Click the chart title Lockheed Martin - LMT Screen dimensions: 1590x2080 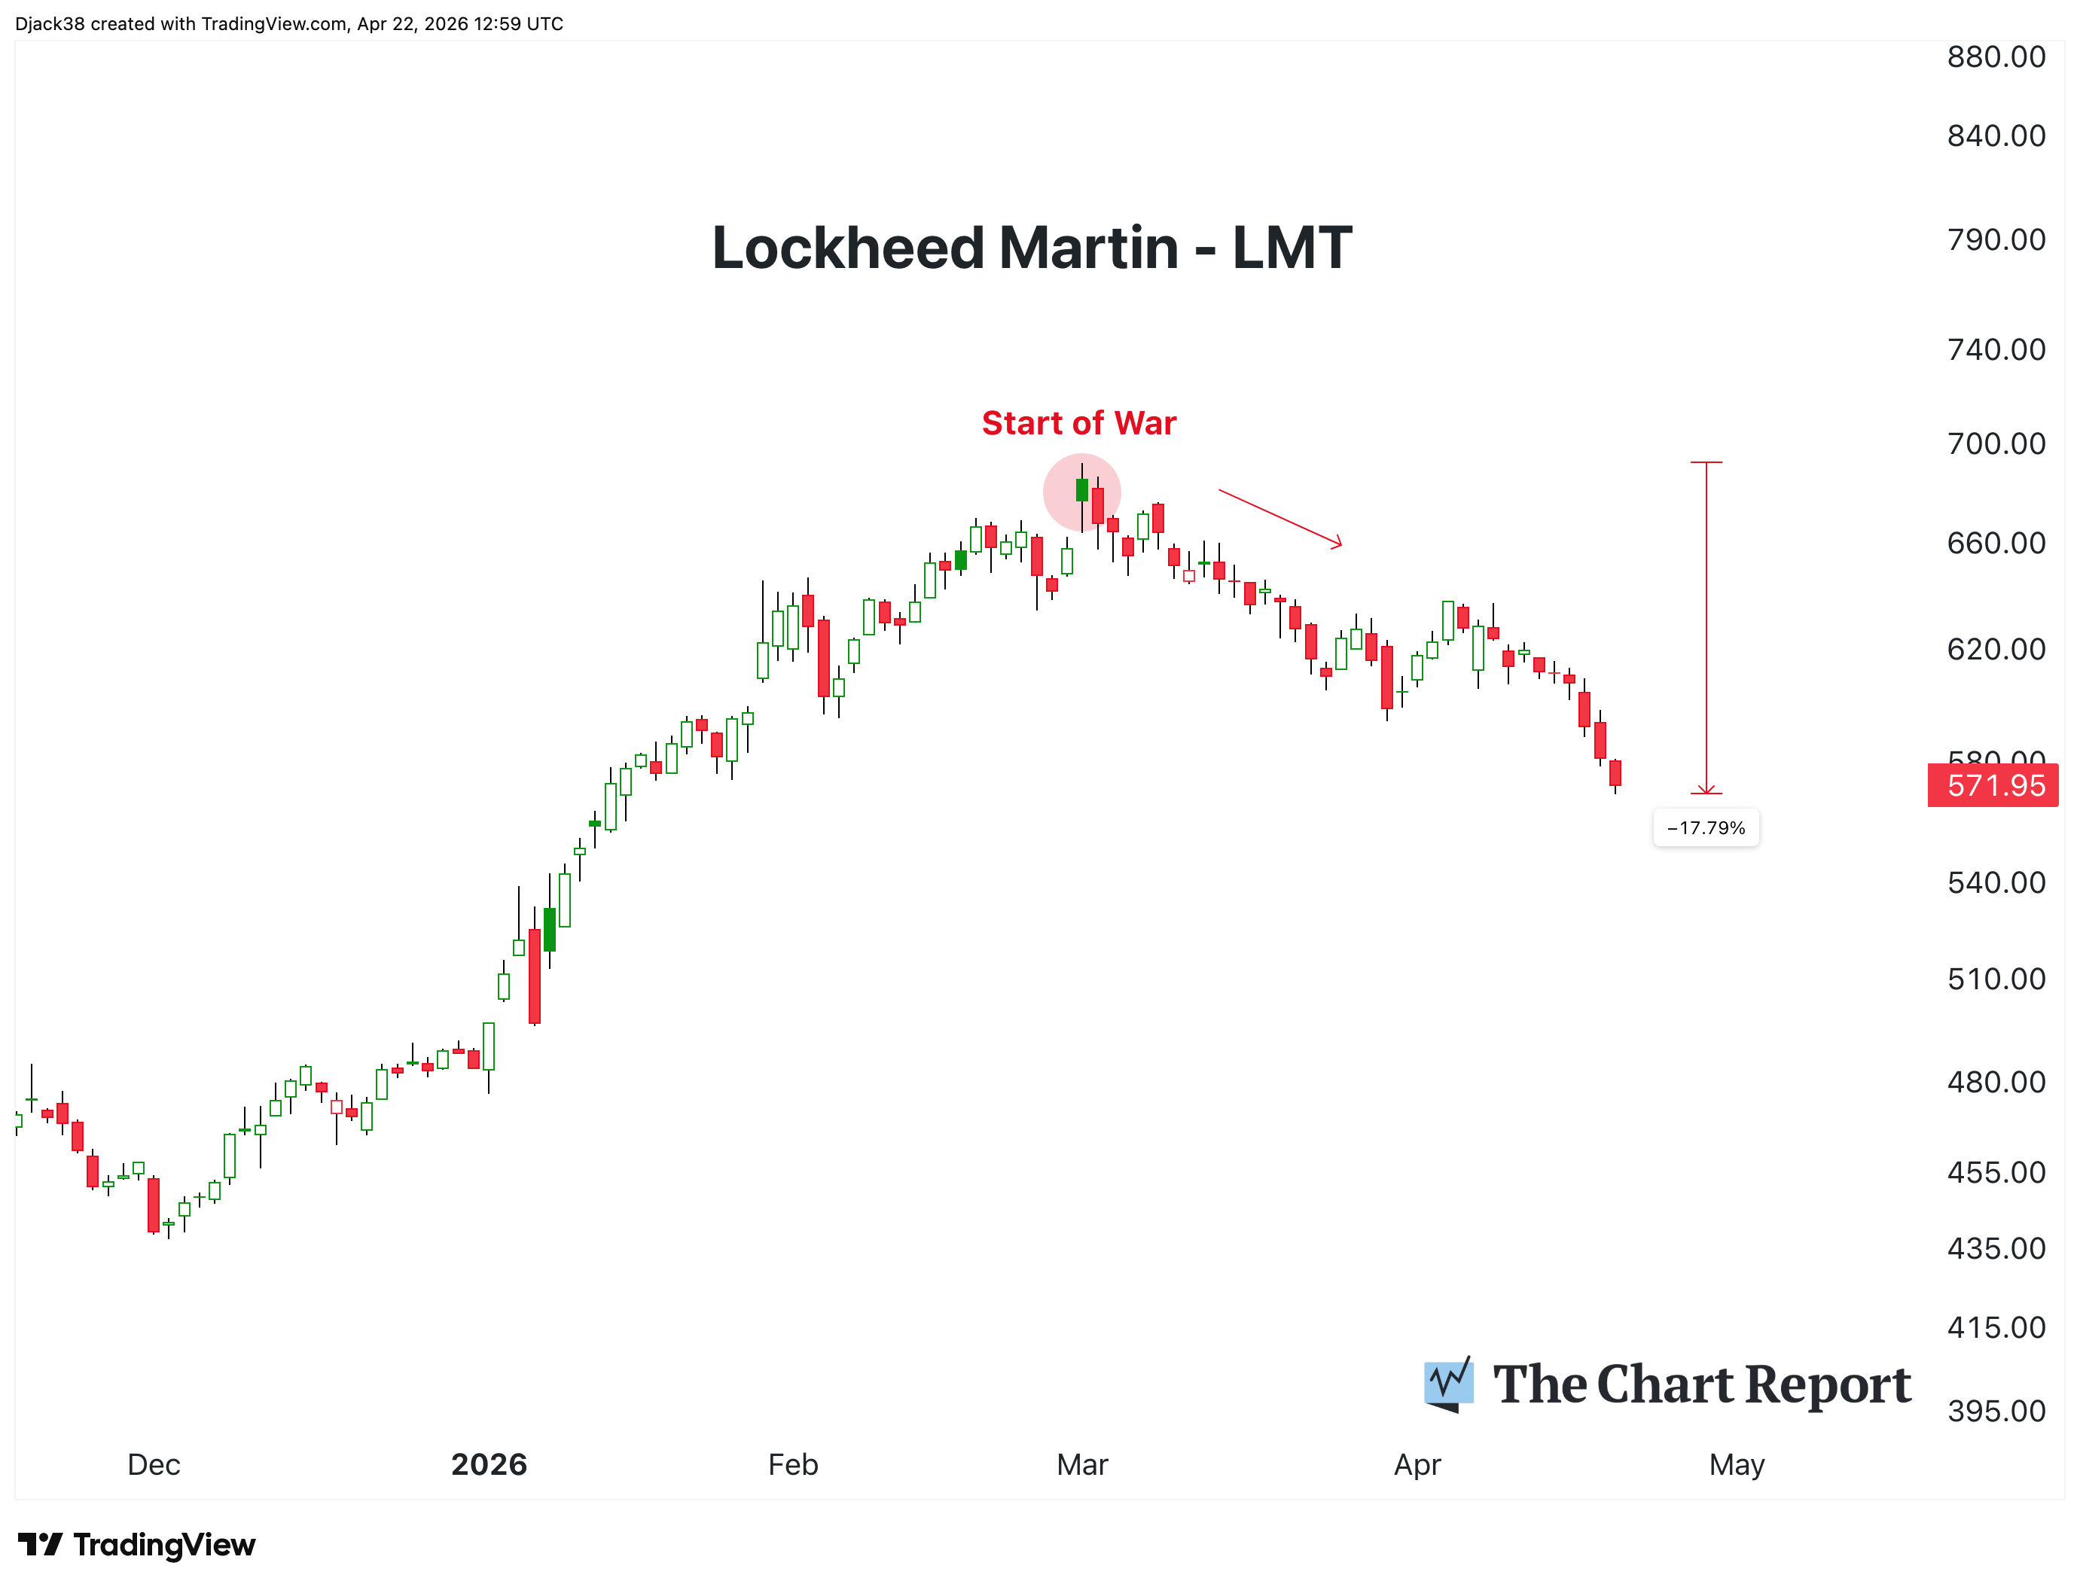pyautogui.click(x=1031, y=248)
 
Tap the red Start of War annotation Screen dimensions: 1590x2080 pyautogui.click(x=1078, y=423)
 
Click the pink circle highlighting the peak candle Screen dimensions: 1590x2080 pyautogui.click(x=1081, y=492)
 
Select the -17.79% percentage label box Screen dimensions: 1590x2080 pyautogui.click(x=1705, y=828)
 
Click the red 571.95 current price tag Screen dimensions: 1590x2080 pyautogui.click(x=1994, y=785)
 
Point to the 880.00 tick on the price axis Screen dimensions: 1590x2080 pyautogui.click(x=1996, y=56)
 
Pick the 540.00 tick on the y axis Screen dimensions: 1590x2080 pyautogui.click(x=1996, y=882)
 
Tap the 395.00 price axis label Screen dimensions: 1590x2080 pyautogui.click(x=1996, y=1411)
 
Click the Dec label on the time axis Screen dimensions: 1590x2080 pyautogui.click(x=154, y=1464)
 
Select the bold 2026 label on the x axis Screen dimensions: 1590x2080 pyautogui.click(x=489, y=1464)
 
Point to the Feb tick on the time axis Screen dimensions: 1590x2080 pyautogui.click(x=792, y=1464)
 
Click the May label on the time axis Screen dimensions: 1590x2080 pyautogui.click(x=1737, y=1464)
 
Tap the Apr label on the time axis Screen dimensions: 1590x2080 pyautogui.click(x=1417, y=1464)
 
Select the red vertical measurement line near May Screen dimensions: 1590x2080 pyautogui.click(x=1706, y=625)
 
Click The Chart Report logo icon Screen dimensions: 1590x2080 pyautogui.click(x=1448, y=1384)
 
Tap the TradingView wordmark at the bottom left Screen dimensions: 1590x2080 pyautogui.click(x=136, y=1546)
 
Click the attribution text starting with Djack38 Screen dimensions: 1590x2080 pyautogui.click(x=288, y=23)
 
